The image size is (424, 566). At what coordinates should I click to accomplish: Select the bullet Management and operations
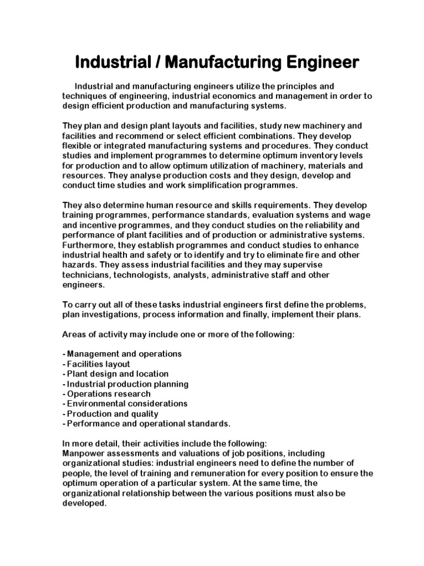(x=122, y=354)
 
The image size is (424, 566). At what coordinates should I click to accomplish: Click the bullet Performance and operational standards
(x=146, y=423)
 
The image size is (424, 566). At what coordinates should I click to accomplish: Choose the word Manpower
(x=83, y=453)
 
